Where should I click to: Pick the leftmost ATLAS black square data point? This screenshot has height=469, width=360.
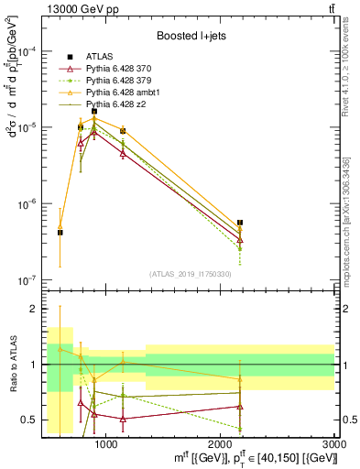[60, 233]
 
